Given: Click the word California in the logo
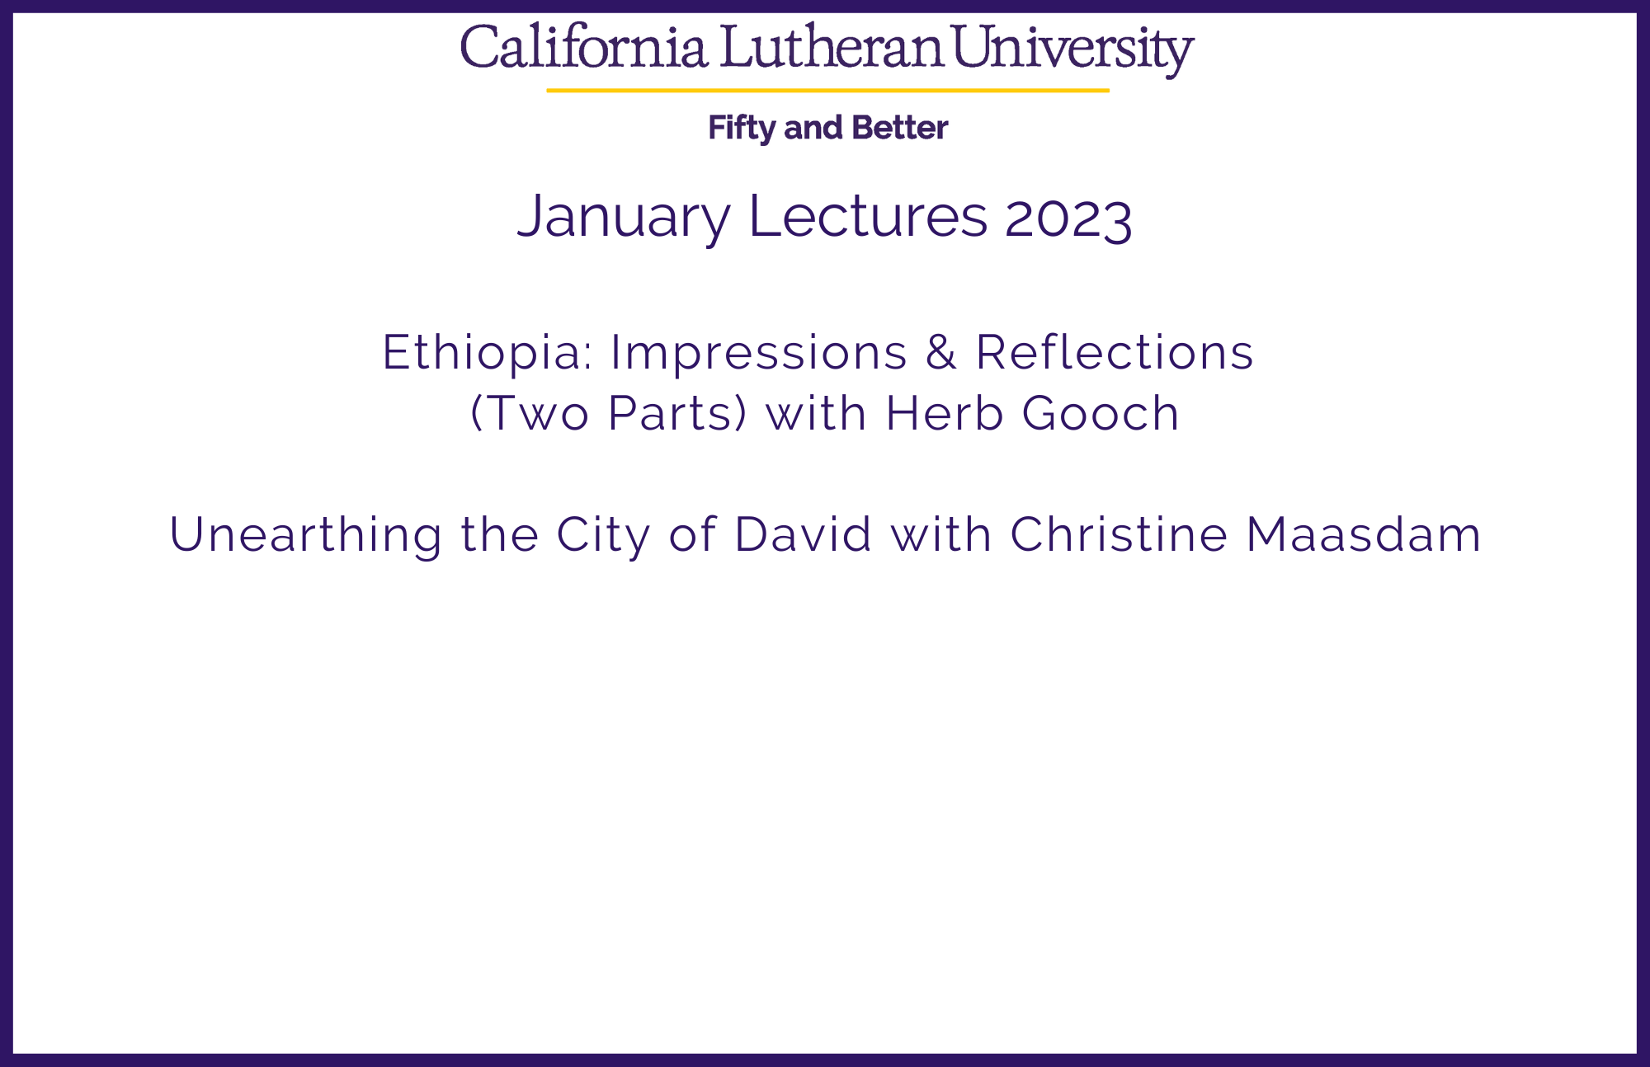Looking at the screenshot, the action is (x=584, y=47).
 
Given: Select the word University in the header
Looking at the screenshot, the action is (x=1073, y=50).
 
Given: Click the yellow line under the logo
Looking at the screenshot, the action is (x=827, y=90).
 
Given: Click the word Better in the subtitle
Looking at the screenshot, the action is (x=899, y=128).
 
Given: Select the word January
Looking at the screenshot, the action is (x=624, y=217).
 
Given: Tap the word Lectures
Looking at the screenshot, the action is (x=867, y=215).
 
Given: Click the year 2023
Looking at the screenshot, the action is (x=1068, y=218).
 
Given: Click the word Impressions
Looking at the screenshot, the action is (x=759, y=353).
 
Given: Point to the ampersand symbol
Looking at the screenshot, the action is (x=940, y=352).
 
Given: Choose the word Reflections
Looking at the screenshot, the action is (x=1115, y=352).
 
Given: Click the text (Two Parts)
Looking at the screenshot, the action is (x=609, y=413).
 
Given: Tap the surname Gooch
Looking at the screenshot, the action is (x=1101, y=413).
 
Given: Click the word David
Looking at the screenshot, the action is (x=803, y=534).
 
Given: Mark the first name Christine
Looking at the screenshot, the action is (x=1120, y=534).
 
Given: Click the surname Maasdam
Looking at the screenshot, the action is (x=1364, y=534).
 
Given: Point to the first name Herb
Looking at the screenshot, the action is (x=945, y=413).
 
